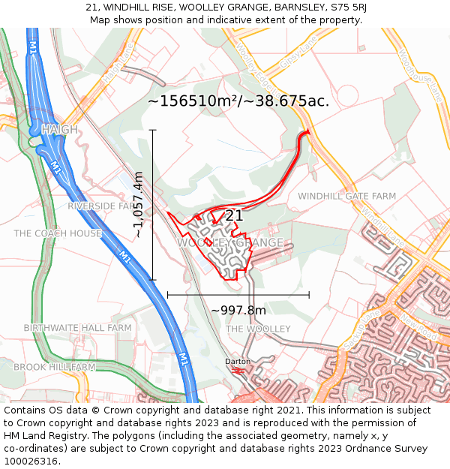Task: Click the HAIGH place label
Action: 59,130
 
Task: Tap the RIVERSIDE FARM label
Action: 102,206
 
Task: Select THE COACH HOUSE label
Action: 58,233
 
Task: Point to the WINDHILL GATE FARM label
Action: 346,196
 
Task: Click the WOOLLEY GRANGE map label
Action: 230,242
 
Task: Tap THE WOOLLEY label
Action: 258,329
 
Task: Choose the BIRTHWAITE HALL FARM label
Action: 77,328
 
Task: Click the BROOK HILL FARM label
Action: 54,367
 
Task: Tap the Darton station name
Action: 238,361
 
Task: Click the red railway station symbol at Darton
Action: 238,370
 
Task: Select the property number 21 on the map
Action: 234,215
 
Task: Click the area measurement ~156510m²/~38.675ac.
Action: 238,101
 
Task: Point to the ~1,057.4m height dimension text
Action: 139,205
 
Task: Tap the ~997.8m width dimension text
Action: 238,310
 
